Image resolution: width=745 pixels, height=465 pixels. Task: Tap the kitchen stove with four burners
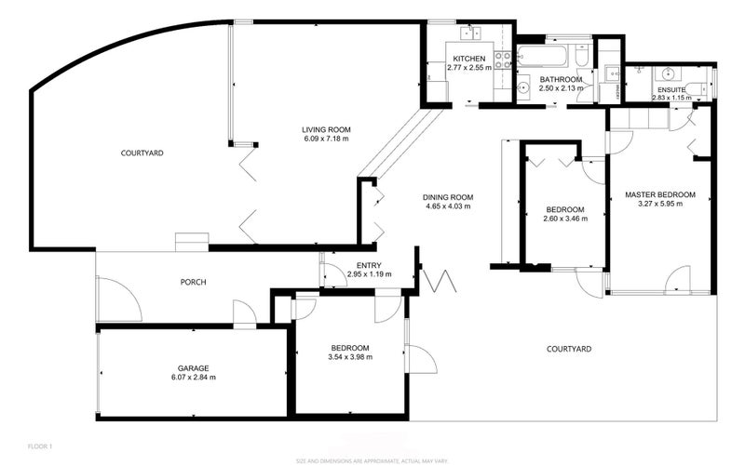click(x=503, y=60)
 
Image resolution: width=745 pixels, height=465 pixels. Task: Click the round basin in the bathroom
click(x=524, y=88)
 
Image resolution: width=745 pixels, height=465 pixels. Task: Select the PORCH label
click(x=193, y=282)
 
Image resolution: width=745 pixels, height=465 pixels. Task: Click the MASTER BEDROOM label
click(x=660, y=193)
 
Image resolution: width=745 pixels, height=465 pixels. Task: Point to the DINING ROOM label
click(x=449, y=197)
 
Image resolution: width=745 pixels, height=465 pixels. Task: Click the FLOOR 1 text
click(x=39, y=446)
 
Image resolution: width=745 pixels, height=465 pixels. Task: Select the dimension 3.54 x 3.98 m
click(x=349, y=356)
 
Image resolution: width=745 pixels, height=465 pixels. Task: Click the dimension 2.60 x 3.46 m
click(x=565, y=219)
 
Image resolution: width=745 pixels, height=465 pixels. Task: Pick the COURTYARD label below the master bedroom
click(x=568, y=349)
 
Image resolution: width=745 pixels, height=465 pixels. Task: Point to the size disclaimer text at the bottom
click(x=372, y=459)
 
